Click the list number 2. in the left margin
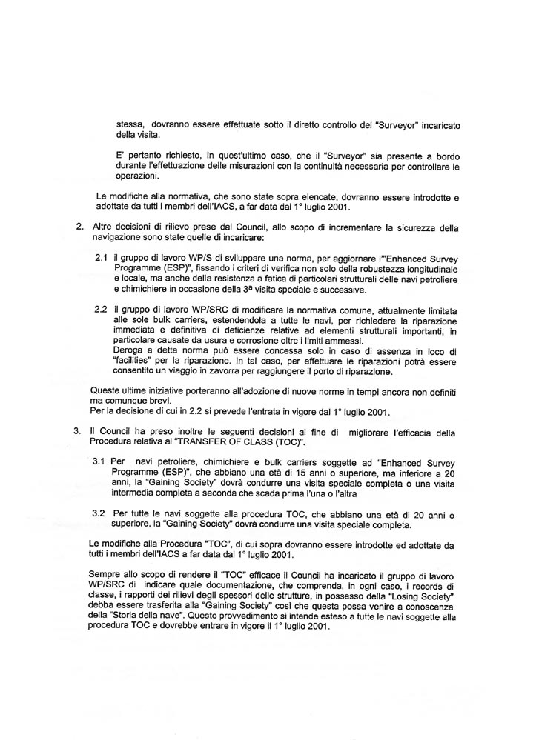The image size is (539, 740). pos(79,226)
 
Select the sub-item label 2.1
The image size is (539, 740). pos(102,256)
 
